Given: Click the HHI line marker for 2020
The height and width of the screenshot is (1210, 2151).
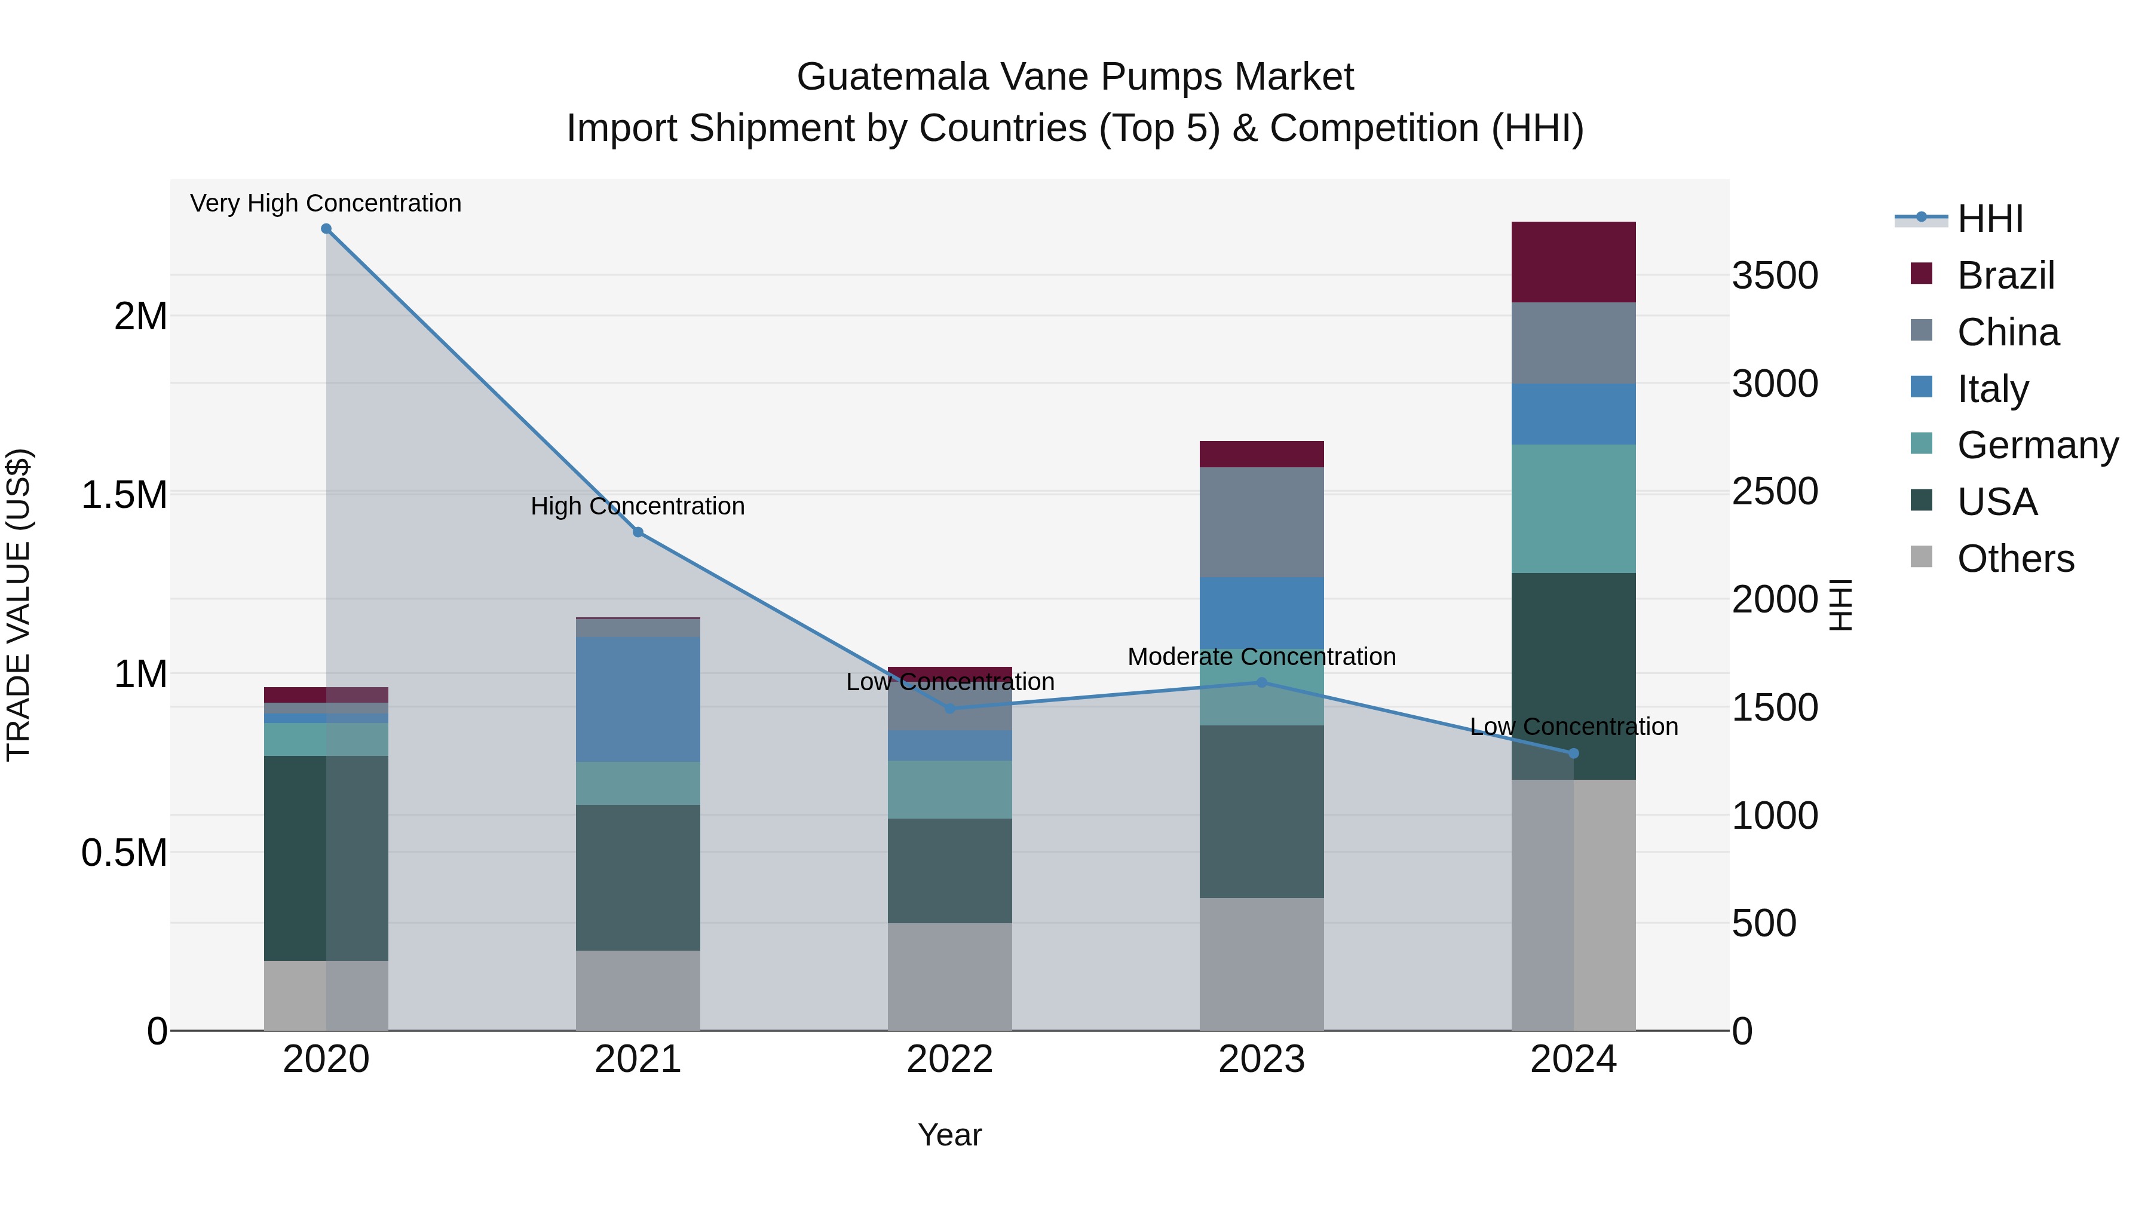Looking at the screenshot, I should [x=326, y=229].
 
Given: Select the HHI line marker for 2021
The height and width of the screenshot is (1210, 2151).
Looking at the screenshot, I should [x=638, y=532].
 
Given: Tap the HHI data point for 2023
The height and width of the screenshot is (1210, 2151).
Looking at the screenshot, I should [x=1262, y=682].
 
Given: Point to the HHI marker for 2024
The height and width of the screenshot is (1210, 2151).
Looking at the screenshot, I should [x=1573, y=753].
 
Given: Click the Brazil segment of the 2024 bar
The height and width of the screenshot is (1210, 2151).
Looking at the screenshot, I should [x=1573, y=262].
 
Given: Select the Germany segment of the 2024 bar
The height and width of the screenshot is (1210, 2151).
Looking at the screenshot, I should [x=1573, y=508].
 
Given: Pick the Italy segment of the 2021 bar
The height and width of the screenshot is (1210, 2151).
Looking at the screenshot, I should [x=638, y=699].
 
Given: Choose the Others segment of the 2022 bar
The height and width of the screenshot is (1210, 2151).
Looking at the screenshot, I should [x=949, y=976].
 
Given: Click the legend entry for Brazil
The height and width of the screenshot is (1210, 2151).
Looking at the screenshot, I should [x=2005, y=275].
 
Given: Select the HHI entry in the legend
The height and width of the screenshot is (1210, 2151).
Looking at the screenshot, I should [x=1989, y=219].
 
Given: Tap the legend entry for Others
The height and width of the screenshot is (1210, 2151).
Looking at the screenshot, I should [x=2014, y=559].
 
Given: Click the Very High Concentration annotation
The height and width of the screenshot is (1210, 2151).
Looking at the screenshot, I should [x=326, y=203].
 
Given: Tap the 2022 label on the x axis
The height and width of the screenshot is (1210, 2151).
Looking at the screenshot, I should [x=949, y=1059].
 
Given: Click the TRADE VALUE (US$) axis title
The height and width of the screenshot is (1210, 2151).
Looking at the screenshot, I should [x=19, y=605].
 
